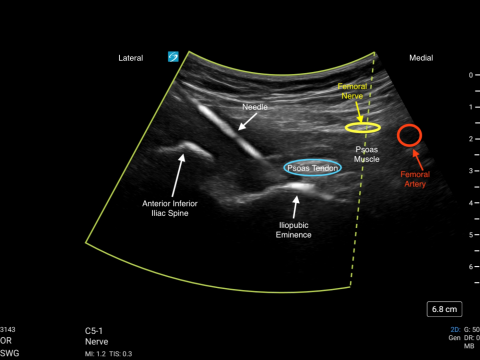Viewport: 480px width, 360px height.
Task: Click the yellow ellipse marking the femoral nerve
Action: click(363, 128)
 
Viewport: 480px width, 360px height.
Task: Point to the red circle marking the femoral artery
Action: click(409, 134)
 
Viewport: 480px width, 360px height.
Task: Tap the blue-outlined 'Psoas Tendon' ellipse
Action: click(313, 168)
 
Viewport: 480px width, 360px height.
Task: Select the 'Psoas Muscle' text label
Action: click(368, 154)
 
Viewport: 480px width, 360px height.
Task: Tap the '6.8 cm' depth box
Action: click(445, 308)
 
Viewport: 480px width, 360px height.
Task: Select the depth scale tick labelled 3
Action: click(470, 171)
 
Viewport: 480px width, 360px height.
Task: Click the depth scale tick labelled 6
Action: click(470, 267)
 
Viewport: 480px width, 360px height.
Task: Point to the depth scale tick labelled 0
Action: click(470, 75)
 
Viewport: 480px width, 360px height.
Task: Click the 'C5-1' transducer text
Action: click(96, 329)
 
